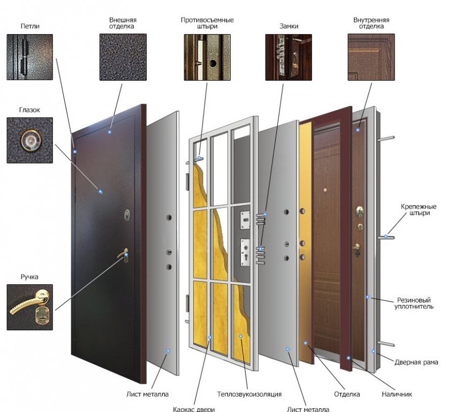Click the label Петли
click(30, 26)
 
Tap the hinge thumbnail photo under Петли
click(30, 57)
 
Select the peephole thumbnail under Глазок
click(30, 140)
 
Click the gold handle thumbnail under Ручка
click(30, 307)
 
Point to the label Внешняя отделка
click(123, 23)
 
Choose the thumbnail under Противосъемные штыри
click(207, 57)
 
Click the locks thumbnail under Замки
click(289, 57)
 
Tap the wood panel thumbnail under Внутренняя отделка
click(371, 57)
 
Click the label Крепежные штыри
click(419, 210)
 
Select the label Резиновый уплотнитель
click(414, 304)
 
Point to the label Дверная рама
click(416, 362)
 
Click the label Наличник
click(397, 394)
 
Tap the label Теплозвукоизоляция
click(249, 394)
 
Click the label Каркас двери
click(194, 409)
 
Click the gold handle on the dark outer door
click(123, 254)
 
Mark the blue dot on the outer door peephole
click(101, 192)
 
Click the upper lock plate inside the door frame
click(245, 220)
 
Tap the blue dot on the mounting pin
click(386, 236)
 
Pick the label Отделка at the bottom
click(347, 394)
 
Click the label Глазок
click(29, 110)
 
